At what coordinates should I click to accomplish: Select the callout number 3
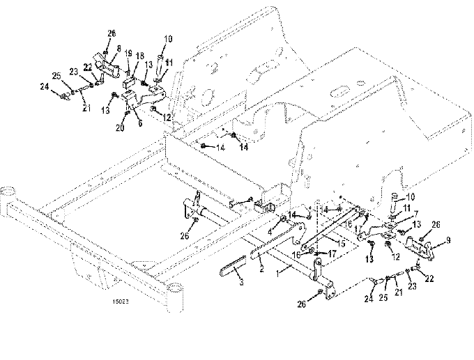tap(241, 282)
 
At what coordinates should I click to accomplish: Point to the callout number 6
tap(139, 120)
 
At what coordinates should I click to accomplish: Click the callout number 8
tap(118, 49)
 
